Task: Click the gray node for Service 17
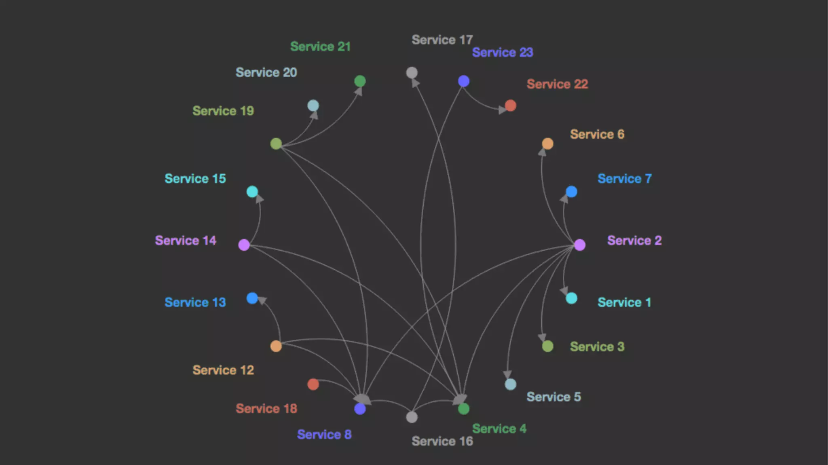pos(412,73)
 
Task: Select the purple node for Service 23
pos(463,81)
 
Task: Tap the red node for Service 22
pos(510,106)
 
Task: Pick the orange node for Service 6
pos(547,144)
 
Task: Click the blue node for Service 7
pos(571,192)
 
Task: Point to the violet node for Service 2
pos(580,245)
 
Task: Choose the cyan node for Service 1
pos(571,298)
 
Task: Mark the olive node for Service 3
pos(547,346)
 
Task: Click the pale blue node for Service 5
pos(510,384)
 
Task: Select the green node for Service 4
pos(463,409)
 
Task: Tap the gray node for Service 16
pos(412,417)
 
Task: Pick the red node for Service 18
pos(313,384)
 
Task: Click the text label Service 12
pos(223,370)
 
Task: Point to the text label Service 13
pos(195,302)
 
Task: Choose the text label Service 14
pos(186,241)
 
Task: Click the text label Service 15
pos(195,179)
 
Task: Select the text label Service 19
pos(223,111)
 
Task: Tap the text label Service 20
pos(266,72)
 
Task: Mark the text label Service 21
pos(320,46)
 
